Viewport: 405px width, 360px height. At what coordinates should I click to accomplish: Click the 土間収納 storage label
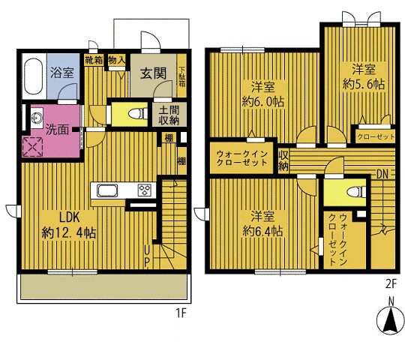[x=167, y=115]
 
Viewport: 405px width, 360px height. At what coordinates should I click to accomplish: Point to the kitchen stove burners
[x=144, y=188]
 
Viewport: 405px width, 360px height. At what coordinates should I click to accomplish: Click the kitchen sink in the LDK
[x=105, y=190]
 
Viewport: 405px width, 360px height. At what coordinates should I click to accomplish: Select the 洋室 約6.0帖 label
[x=262, y=93]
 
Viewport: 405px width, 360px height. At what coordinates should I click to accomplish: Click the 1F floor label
[x=181, y=311]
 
